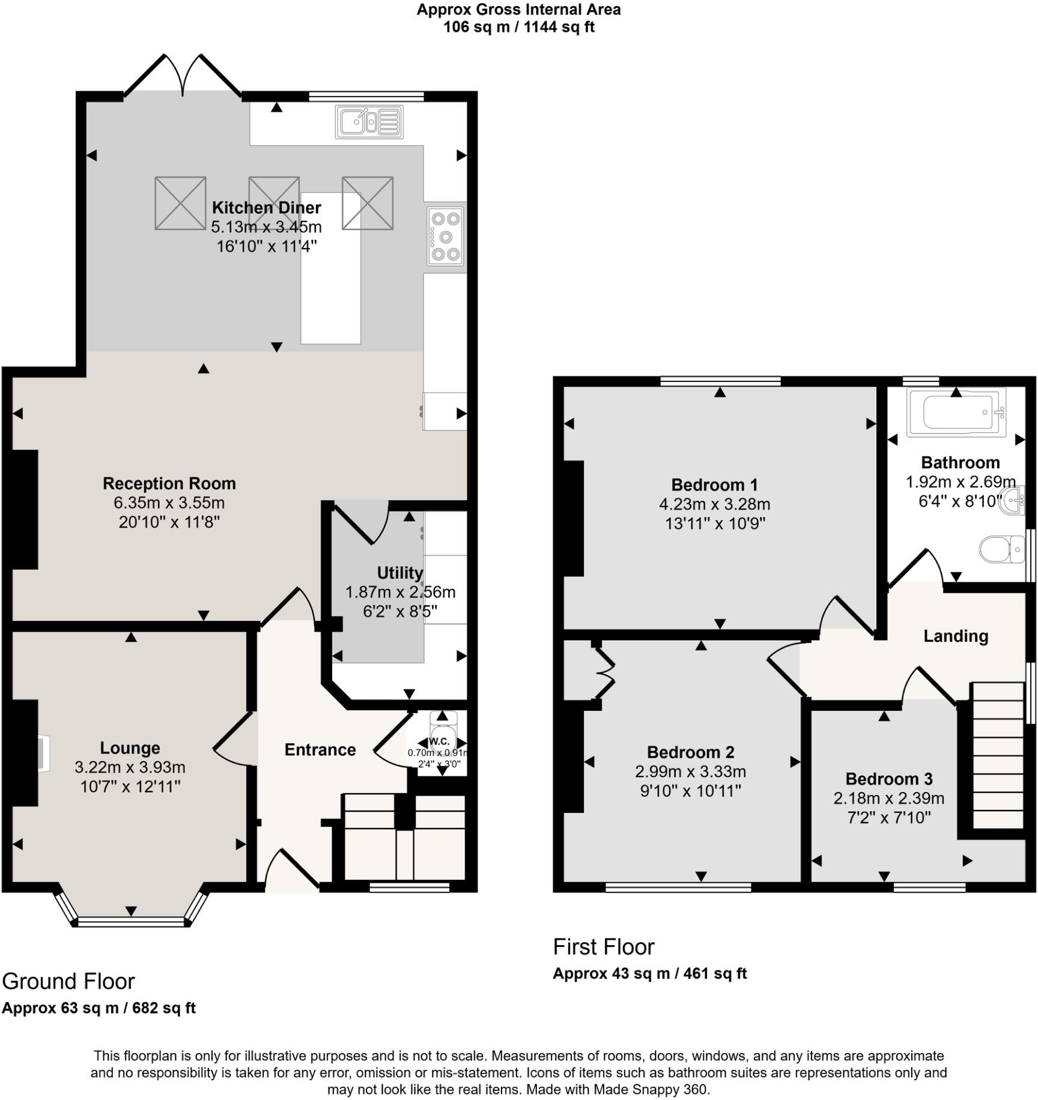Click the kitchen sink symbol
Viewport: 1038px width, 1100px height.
click(369, 122)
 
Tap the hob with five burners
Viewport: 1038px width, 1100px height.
click(446, 237)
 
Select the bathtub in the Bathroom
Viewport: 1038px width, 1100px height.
click(956, 412)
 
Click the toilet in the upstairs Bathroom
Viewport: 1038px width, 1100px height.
click(1001, 549)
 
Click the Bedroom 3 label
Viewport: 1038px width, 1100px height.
click(888, 779)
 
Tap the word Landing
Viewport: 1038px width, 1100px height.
click(955, 636)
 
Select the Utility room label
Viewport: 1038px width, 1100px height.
click(399, 572)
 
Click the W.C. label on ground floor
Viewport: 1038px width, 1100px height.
click(440, 742)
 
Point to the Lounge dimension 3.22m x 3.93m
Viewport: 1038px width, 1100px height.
click(130, 767)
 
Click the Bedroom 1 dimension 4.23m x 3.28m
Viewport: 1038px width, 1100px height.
click(714, 504)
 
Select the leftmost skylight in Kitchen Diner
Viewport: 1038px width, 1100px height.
click(180, 203)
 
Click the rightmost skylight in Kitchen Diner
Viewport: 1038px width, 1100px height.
click(368, 203)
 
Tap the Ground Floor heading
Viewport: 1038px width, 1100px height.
click(68, 981)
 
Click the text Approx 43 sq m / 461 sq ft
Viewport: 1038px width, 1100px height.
click(649, 973)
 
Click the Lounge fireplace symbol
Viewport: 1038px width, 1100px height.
click(42, 753)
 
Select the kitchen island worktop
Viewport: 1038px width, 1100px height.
click(330, 288)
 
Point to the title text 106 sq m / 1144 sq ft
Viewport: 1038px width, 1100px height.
click(518, 27)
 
